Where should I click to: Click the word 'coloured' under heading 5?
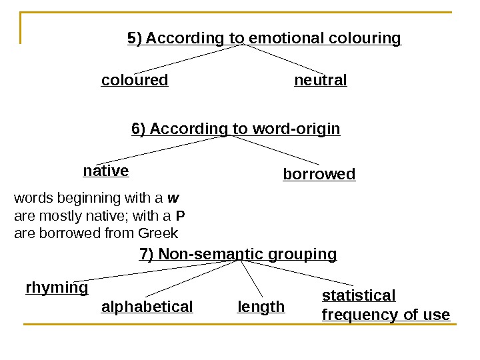pos(135,81)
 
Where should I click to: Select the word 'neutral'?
pos(321,81)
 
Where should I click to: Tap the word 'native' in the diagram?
pos(106,171)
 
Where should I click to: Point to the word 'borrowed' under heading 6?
pos(319,175)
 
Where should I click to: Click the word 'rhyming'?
pos(57,288)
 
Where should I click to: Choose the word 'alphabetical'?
pos(147,307)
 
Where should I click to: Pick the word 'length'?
pos(261,307)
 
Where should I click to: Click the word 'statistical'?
pos(359,295)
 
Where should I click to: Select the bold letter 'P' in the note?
pos(180,216)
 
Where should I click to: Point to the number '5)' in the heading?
pos(135,39)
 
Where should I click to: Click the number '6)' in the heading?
pos(139,129)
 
